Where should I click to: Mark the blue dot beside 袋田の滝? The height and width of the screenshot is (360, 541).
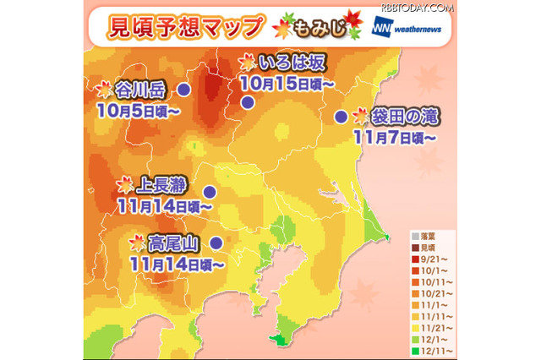(x=340, y=117)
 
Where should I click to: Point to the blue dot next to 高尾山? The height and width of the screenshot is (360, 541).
(x=216, y=243)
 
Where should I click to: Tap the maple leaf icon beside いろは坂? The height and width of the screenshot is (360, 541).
(x=248, y=62)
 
